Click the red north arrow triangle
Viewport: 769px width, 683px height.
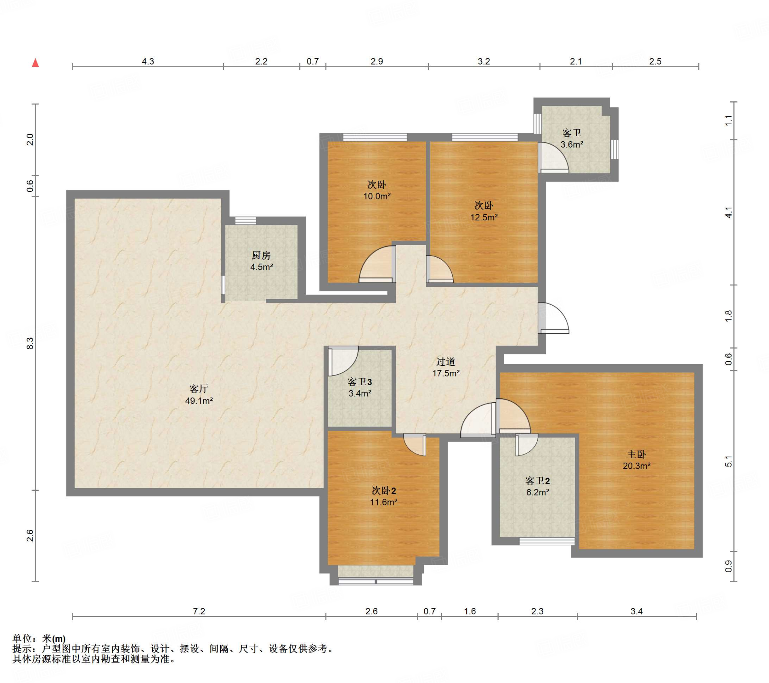pyautogui.click(x=35, y=62)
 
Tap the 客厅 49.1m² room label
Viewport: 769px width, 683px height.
pyautogui.click(x=199, y=394)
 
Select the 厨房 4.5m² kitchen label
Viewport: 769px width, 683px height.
pyautogui.click(x=261, y=261)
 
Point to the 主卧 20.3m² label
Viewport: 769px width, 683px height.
pyautogui.click(x=636, y=460)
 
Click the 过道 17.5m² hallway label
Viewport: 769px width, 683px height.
pyautogui.click(x=446, y=367)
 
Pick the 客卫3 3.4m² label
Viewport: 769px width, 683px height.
pyautogui.click(x=360, y=387)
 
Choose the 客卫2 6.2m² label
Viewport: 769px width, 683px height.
pyautogui.click(x=538, y=486)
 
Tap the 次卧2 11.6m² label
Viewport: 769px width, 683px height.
pyautogui.click(x=384, y=496)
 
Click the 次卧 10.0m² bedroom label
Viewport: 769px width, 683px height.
pyautogui.click(x=377, y=190)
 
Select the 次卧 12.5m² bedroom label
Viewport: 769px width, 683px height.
pyautogui.click(x=484, y=211)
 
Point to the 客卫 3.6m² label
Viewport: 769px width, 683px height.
pyautogui.click(x=572, y=139)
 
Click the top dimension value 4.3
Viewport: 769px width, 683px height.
pyautogui.click(x=148, y=61)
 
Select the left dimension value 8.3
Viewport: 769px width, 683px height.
pyautogui.click(x=30, y=343)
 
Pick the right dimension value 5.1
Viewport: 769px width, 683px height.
pyautogui.click(x=729, y=461)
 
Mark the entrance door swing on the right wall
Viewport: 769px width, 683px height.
pyautogui.click(x=553, y=318)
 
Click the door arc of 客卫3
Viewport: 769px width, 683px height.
pyautogui.click(x=343, y=361)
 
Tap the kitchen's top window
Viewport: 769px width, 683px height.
pyautogui.click(x=246, y=220)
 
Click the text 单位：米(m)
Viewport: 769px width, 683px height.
pyautogui.click(x=39, y=639)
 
